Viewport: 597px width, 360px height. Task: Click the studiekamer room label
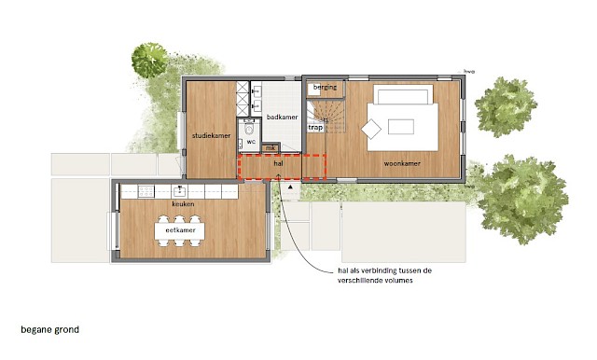pyautogui.click(x=211, y=136)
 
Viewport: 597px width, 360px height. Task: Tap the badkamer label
pyautogui.click(x=282, y=118)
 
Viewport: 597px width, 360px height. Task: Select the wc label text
pyautogui.click(x=251, y=141)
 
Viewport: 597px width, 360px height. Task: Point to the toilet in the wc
pyautogui.click(x=249, y=131)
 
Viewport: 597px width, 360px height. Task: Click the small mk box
pyautogui.click(x=271, y=147)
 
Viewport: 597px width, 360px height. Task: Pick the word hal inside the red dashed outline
pyautogui.click(x=278, y=163)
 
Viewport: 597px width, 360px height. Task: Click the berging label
pyautogui.click(x=325, y=88)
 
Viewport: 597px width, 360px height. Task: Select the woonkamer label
pyautogui.click(x=402, y=164)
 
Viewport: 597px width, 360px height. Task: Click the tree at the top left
pyautogui.click(x=149, y=60)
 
